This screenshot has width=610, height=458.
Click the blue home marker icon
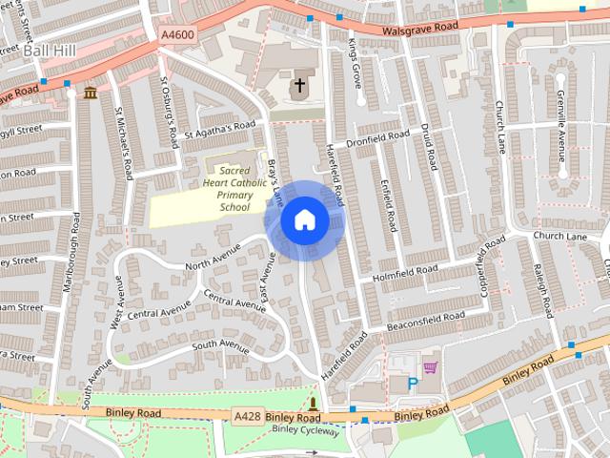click(x=304, y=220)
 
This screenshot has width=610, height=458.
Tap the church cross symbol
click(x=299, y=86)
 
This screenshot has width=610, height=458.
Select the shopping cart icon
click(x=430, y=366)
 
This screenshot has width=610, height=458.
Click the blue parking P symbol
click(x=413, y=384)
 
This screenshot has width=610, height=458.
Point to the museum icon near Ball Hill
click(x=90, y=93)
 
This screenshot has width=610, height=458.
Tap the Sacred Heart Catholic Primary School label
click(x=228, y=188)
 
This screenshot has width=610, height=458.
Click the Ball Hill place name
click(x=46, y=50)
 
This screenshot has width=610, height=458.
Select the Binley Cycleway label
click(x=305, y=430)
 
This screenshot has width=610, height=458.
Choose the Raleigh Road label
click(x=544, y=291)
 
